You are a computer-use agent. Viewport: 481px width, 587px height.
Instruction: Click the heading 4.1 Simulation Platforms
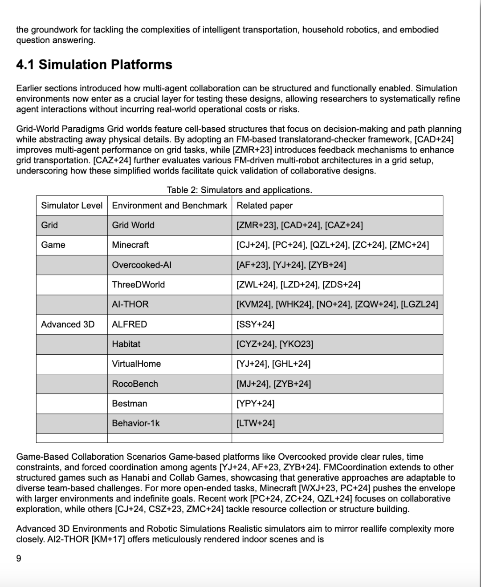[94, 65]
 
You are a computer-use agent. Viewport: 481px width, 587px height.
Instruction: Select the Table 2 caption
[239, 190]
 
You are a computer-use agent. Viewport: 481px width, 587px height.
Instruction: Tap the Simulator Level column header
[72, 206]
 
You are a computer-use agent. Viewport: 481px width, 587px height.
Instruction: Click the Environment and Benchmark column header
[169, 206]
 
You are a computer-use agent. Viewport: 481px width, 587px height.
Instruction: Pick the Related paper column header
[265, 206]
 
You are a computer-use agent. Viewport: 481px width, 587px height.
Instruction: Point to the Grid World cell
[133, 225]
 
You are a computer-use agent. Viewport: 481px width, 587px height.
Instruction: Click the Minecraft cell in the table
[130, 245]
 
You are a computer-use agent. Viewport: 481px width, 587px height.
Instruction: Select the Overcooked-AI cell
[142, 265]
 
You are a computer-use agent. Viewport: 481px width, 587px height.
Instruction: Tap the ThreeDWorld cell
[139, 284]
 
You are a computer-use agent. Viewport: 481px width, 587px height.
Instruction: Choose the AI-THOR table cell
[130, 304]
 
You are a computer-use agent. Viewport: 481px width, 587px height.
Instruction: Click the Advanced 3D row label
[68, 324]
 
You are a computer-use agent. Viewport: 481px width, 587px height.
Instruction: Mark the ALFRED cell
[130, 324]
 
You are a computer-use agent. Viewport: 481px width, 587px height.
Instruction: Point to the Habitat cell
[126, 344]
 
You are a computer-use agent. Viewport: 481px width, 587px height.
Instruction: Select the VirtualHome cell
[136, 364]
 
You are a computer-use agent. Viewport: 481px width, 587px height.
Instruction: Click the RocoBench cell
[135, 384]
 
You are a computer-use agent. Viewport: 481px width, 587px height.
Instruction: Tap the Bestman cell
[130, 404]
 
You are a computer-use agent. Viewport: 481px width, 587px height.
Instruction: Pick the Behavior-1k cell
[136, 423]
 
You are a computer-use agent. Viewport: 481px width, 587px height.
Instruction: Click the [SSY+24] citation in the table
[255, 324]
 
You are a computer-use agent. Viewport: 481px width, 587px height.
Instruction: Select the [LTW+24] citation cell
[256, 423]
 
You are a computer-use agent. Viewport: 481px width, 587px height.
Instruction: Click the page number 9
[19, 559]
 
